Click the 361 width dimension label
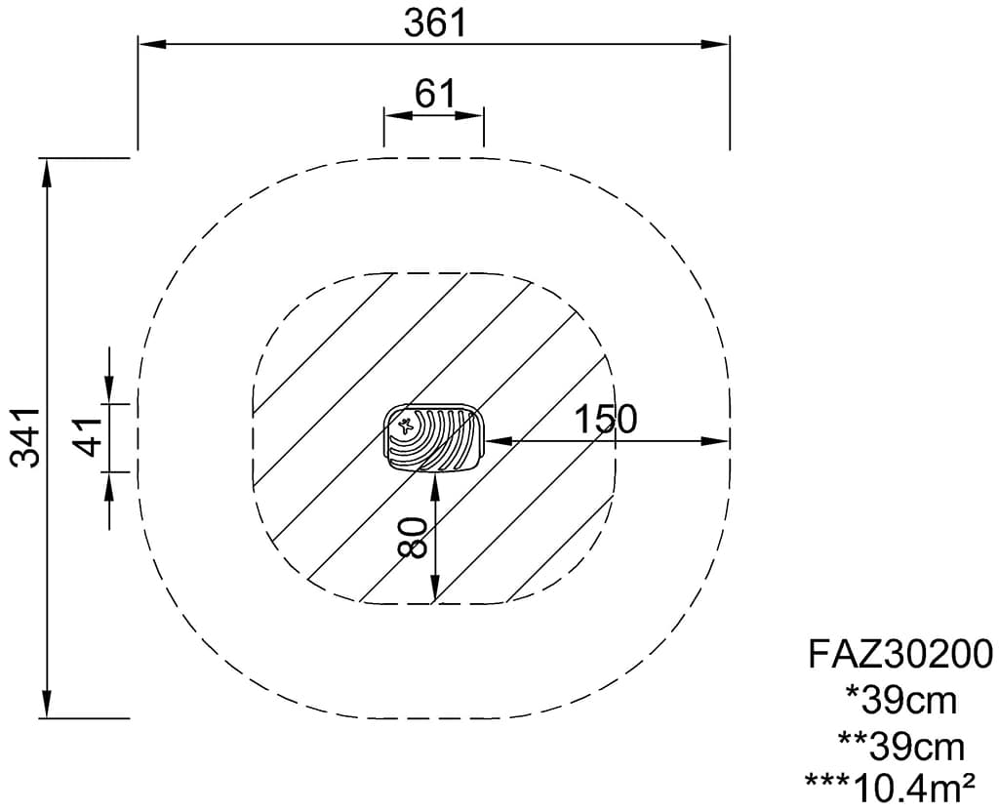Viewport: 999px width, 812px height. pyautogui.click(x=435, y=24)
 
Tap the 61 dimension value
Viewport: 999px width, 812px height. pyautogui.click(x=435, y=94)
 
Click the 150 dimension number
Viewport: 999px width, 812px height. pyautogui.click(x=605, y=419)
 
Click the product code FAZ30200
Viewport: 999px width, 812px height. pyautogui.click(x=900, y=654)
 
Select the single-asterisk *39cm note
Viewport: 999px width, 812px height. pyautogui.click(x=900, y=701)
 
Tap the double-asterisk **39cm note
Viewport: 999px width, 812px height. pyautogui.click(x=900, y=747)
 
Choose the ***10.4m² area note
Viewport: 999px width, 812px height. pyautogui.click(x=890, y=789)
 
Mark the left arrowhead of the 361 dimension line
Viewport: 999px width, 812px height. pyautogui.click(x=152, y=43)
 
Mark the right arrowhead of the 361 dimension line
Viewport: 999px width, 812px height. pyautogui.click(x=715, y=43)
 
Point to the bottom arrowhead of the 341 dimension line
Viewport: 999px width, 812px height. pyautogui.click(x=46, y=704)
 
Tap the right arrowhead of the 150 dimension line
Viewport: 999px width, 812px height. pyautogui.click(x=715, y=440)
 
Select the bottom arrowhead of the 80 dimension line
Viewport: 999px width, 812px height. pyautogui.click(x=434, y=588)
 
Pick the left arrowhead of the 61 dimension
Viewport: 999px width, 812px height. pyautogui.click(x=397, y=115)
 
